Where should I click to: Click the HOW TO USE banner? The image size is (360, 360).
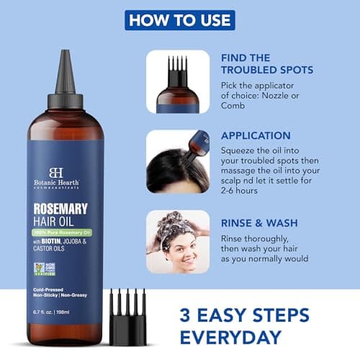pos(180,19)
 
